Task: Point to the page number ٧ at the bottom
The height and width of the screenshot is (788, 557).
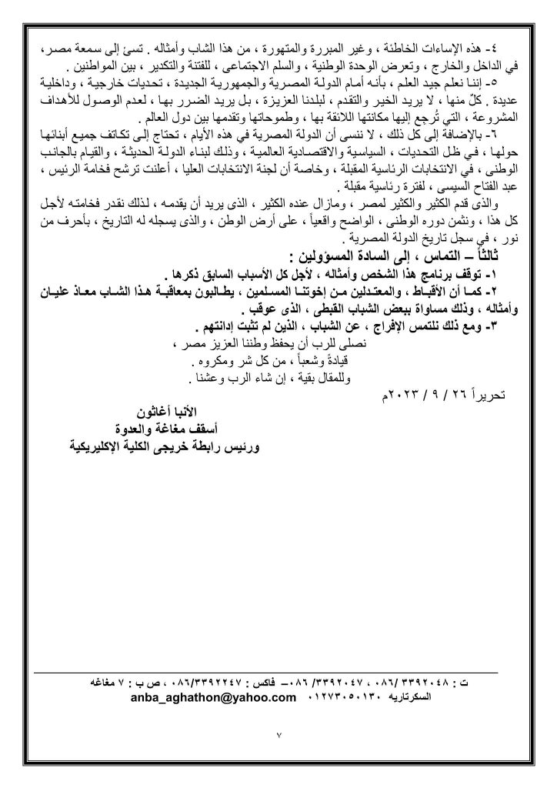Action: (x=280, y=737)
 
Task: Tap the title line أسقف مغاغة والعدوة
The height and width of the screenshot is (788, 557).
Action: (x=167, y=429)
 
